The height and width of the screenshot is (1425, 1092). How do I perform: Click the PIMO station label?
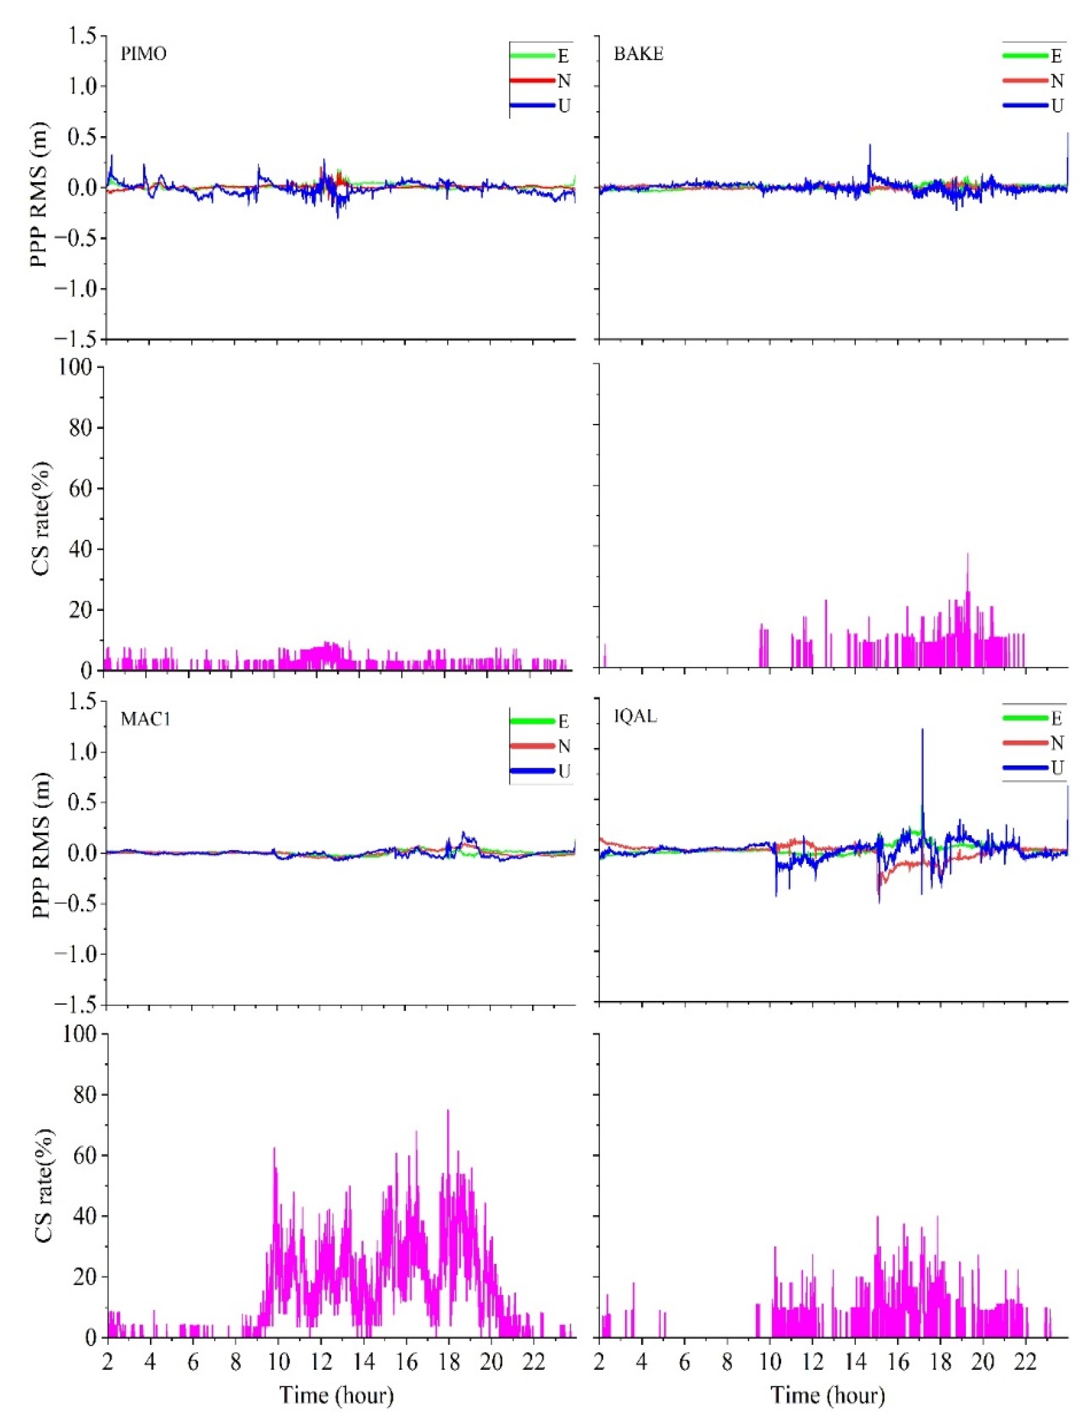click(144, 54)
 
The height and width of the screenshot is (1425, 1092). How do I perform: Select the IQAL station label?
click(635, 717)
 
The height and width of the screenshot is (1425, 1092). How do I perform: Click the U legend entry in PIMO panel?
click(563, 105)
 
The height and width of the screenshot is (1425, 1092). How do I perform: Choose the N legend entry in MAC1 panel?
click(563, 746)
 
